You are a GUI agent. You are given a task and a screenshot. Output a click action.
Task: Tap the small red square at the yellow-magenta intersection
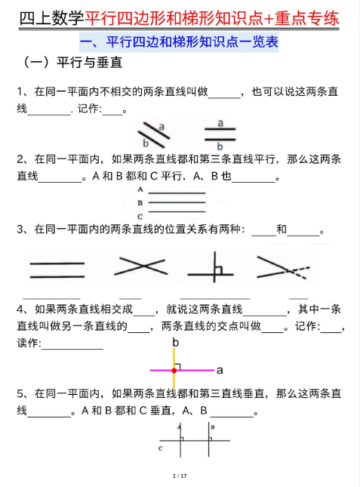pos(173,369)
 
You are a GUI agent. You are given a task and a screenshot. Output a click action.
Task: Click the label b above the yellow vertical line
pos(176,343)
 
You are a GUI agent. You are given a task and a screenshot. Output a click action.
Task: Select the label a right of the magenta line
pos(219,371)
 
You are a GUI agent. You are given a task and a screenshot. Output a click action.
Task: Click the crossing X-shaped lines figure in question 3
pos(140,265)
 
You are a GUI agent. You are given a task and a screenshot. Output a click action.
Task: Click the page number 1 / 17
pos(180,476)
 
